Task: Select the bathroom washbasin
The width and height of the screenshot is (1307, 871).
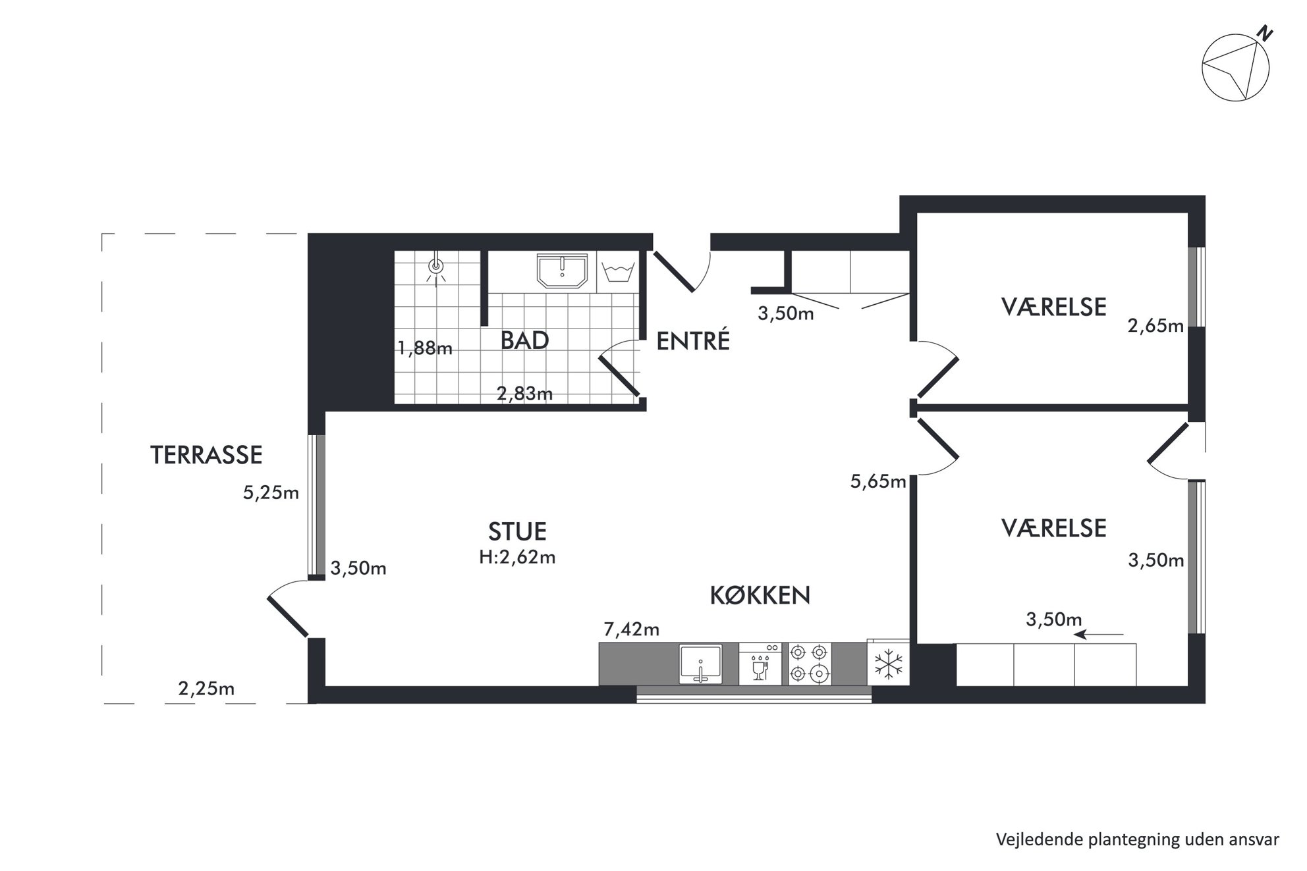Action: pos(562,272)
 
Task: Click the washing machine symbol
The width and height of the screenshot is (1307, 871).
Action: pos(619,272)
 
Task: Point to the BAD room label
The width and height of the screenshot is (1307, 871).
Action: pos(524,340)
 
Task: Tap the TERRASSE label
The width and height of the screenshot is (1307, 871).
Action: pos(206,455)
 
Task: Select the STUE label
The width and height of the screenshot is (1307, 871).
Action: pos(517,531)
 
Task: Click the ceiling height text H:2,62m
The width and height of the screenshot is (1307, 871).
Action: pos(517,558)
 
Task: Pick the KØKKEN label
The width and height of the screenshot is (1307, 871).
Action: pos(760,595)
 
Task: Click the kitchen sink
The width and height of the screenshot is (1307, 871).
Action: pos(700,664)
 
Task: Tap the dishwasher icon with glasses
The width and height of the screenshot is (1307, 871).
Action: pos(760,664)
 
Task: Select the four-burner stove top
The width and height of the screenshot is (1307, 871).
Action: pos(810,664)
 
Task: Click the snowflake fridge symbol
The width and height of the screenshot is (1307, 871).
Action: pos(888,664)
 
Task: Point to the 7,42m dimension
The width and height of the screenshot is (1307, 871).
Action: pos(631,629)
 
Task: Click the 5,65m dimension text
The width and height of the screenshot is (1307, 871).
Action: pos(878,482)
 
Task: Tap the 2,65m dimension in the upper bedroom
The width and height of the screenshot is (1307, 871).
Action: pos(1155,326)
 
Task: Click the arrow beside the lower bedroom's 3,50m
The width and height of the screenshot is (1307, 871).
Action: pos(1098,635)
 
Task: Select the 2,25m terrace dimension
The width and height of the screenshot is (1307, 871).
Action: pos(206,689)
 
